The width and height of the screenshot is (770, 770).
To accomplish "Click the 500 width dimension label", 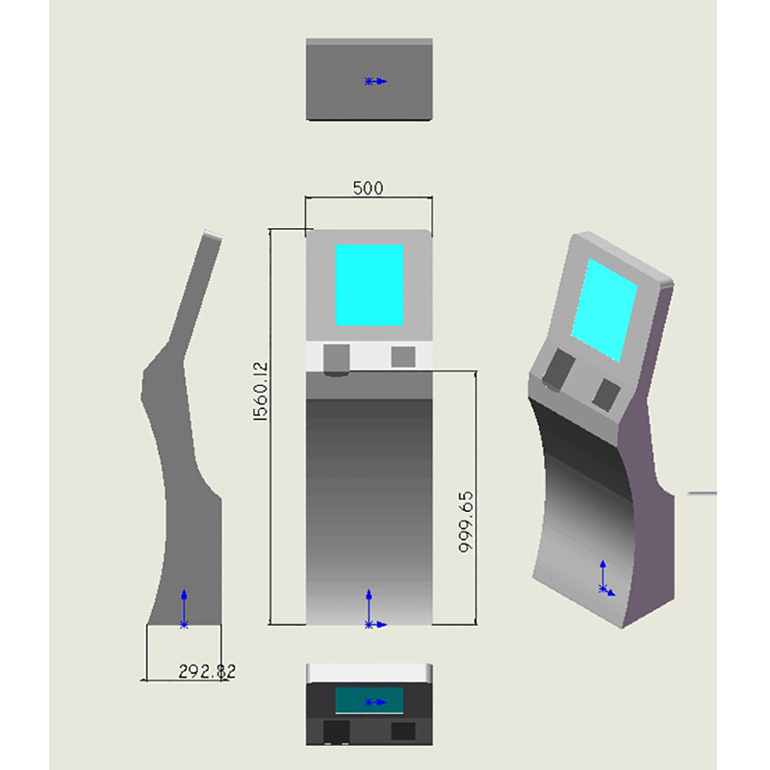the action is tap(368, 188).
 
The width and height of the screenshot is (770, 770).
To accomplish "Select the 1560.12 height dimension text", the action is tap(260, 392).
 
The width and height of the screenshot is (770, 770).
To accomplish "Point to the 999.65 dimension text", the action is tap(466, 522).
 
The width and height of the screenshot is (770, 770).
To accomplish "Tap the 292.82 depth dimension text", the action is tap(207, 671).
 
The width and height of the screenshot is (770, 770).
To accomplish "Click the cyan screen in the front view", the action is tap(370, 285).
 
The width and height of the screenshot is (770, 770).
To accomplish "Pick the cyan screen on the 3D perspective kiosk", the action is tap(604, 310).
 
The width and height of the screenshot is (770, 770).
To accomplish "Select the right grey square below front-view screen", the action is tap(403, 357).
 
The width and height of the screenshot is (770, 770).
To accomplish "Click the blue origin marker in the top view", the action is tap(375, 82).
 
